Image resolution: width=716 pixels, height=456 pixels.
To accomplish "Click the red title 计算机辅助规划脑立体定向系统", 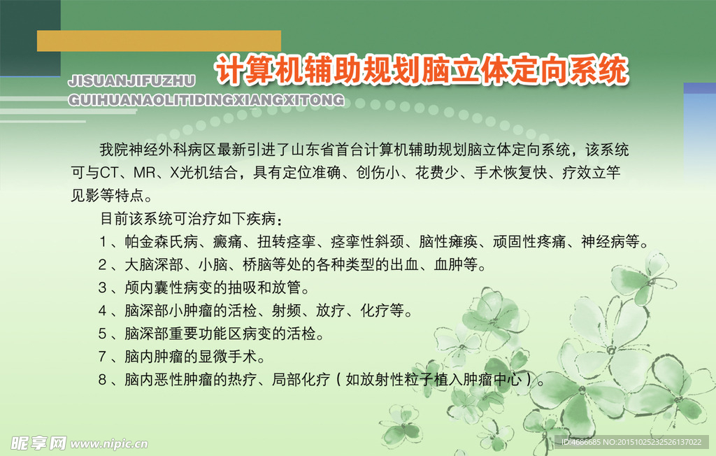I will click(x=421, y=71).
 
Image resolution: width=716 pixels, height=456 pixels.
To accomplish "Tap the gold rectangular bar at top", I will click(x=159, y=41).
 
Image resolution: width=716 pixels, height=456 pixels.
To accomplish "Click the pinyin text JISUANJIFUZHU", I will click(x=131, y=82).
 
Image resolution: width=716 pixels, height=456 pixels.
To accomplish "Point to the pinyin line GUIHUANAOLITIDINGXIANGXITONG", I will click(x=206, y=100).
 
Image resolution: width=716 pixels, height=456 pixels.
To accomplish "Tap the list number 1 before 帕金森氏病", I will click(x=103, y=242).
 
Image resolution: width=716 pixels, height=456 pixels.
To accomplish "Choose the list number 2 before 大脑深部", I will click(x=103, y=265).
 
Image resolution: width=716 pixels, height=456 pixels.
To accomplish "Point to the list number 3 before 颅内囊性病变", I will click(x=103, y=287).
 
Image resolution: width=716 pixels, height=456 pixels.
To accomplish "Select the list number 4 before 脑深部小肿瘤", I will click(x=103, y=310).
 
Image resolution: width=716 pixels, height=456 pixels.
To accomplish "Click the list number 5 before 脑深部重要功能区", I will click(x=103, y=333).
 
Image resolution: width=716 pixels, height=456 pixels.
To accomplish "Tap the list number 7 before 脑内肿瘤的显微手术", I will click(x=103, y=357).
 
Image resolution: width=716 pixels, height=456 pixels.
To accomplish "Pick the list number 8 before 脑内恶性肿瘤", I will click(x=103, y=380).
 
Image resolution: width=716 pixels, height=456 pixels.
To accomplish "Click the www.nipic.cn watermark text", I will click(x=110, y=443).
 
